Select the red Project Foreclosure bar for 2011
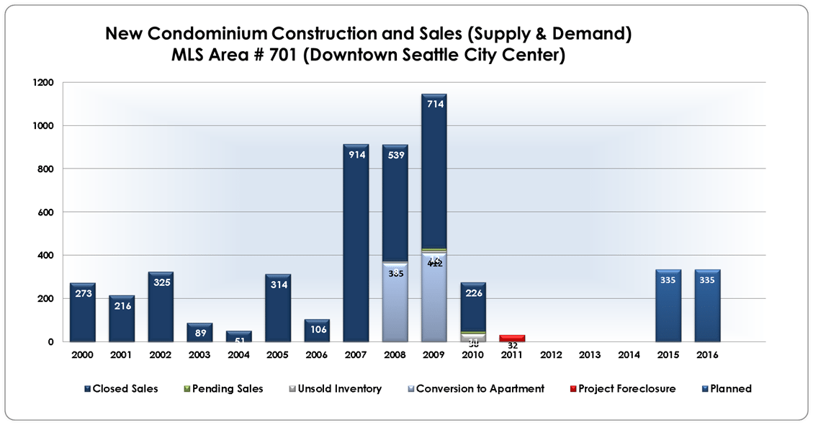[512, 338]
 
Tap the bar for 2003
[199, 332]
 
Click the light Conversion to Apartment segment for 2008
[395, 303]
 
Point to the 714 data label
[434, 104]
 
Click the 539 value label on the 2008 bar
[395, 155]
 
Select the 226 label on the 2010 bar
[474, 292]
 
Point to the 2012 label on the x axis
[551, 354]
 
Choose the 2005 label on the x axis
[278, 354]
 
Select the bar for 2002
[161, 306]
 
